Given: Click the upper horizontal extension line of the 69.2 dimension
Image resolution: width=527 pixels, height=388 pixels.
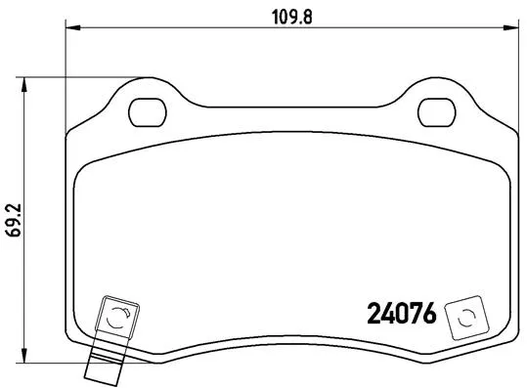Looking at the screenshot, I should (78, 77).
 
